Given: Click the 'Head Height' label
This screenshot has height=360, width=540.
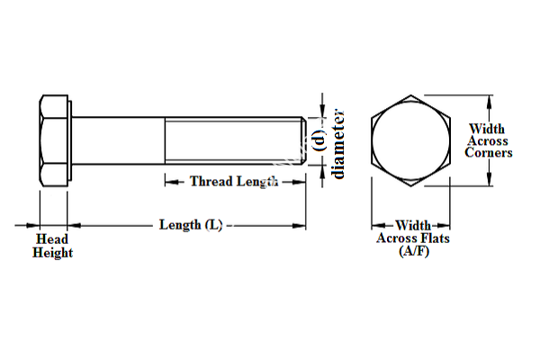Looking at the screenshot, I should pyautogui.click(x=53, y=247).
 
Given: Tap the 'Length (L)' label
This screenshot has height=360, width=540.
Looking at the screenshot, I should pyautogui.click(x=190, y=224).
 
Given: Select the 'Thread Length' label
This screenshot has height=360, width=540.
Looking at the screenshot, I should pyautogui.click(x=232, y=181).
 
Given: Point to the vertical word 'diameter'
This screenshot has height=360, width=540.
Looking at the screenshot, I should pyautogui.click(x=337, y=143).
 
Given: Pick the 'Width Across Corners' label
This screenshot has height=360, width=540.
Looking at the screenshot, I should pyautogui.click(x=489, y=141).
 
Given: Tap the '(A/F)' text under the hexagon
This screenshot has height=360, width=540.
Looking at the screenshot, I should pyautogui.click(x=412, y=251).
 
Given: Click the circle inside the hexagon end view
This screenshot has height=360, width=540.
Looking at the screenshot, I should pyautogui.click(x=412, y=140).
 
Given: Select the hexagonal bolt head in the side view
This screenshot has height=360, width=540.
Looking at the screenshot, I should pyautogui.click(x=51, y=139).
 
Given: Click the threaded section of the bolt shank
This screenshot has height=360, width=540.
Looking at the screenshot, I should pyautogui.click(x=232, y=139).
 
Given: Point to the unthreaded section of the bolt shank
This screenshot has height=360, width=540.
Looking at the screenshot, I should pyautogui.click(x=117, y=139).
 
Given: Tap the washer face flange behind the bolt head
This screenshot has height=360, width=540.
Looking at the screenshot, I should pyautogui.click(x=67, y=139).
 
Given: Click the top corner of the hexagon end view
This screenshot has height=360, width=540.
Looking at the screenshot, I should pyautogui.click(x=412, y=95).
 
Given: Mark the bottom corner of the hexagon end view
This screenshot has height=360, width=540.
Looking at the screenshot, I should pyautogui.click(x=412, y=185).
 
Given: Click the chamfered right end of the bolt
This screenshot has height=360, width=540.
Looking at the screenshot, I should pyautogui.click(x=303, y=139).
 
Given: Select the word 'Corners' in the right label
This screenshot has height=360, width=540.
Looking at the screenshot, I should pyautogui.click(x=489, y=153).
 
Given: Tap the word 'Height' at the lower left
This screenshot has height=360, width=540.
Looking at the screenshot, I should pyautogui.click(x=53, y=253).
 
